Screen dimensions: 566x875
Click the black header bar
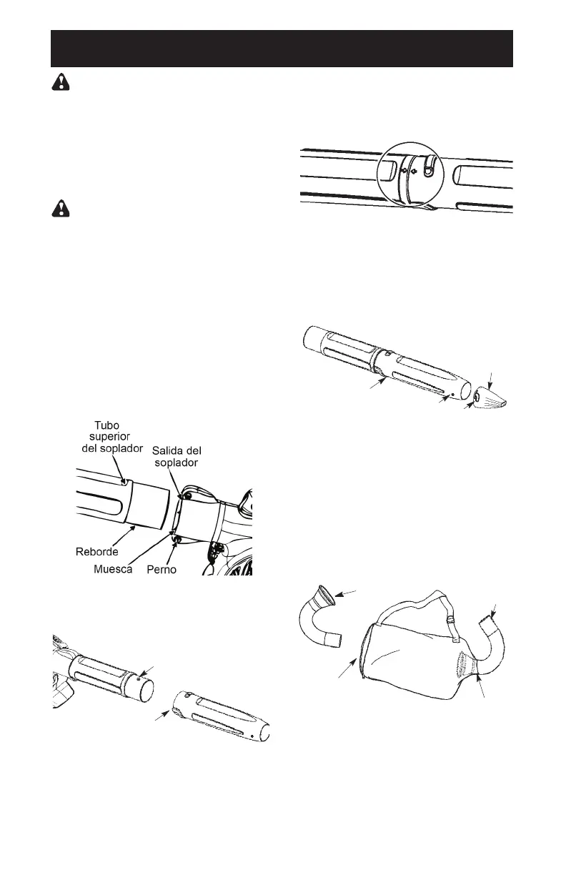282,49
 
